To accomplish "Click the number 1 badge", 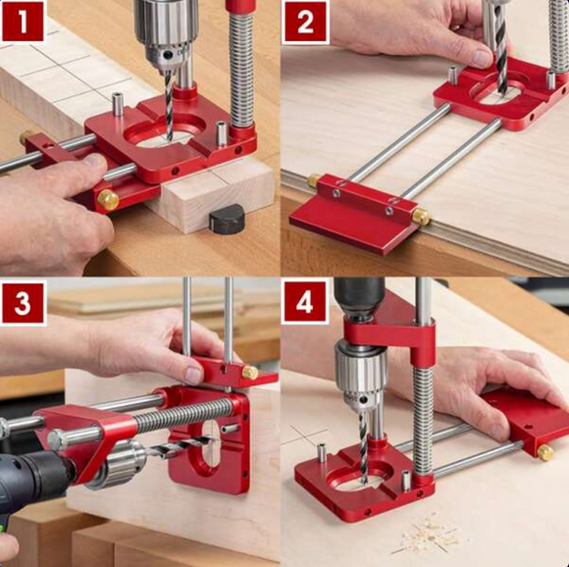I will (x=23, y=21).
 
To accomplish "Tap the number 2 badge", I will (x=305, y=21).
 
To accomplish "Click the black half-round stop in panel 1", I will (x=227, y=220).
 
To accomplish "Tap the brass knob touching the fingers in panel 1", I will (x=107, y=200).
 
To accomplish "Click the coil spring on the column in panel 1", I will (x=240, y=69).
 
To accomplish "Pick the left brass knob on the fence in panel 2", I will (x=316, y=181).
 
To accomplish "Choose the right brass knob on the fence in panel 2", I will (x=421, y=216).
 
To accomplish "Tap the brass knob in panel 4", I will (x=544, y=452).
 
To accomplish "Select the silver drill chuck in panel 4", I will (x=362, y=378).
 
